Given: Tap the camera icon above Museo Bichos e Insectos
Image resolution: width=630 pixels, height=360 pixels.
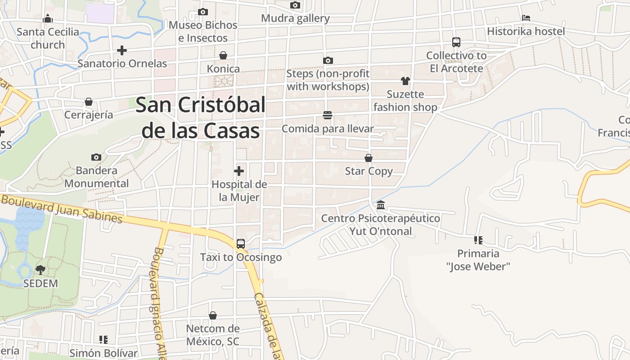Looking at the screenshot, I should tap(203, 12).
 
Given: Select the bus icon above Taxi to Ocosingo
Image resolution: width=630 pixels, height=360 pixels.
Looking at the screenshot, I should tap(241, 244).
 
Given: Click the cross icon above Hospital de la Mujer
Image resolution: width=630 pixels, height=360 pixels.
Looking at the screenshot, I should tap(239, 171).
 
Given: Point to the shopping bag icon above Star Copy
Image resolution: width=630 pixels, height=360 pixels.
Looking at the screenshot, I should tap(369, 158).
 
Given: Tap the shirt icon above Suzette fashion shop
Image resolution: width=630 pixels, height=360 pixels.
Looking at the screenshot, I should tap(405, 81).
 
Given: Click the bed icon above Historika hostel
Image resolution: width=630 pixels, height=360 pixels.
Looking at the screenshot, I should tap(526, 18).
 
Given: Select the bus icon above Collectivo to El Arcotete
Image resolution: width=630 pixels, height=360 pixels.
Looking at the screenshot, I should tap(456, 42).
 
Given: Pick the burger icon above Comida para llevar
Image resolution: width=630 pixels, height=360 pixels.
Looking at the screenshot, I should tap(328, 116).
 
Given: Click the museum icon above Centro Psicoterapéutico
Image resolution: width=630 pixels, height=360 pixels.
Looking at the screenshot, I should tap(381, 205).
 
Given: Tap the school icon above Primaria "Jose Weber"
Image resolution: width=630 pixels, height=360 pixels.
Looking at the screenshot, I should tap(478, 240).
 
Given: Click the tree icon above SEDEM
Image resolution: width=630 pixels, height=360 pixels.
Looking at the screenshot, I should tap(40, 270).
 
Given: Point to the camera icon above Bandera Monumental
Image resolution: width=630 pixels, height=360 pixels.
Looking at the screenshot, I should tap(96, 157).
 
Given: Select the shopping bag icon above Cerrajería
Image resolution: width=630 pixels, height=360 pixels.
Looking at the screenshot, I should tap(89, 102).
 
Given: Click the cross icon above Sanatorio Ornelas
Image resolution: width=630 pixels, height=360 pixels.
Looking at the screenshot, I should tap(122, 50).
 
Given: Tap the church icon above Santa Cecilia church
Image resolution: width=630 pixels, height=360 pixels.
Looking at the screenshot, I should tap(48, 19).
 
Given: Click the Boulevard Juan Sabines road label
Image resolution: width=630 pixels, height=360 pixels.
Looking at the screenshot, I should tap(62, 208).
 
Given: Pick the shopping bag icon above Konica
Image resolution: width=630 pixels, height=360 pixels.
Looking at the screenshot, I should tap(223, 55).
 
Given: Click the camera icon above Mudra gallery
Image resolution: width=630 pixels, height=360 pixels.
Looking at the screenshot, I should tap(295, 5).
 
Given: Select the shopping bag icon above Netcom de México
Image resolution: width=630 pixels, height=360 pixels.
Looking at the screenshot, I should tap(213, 315).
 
